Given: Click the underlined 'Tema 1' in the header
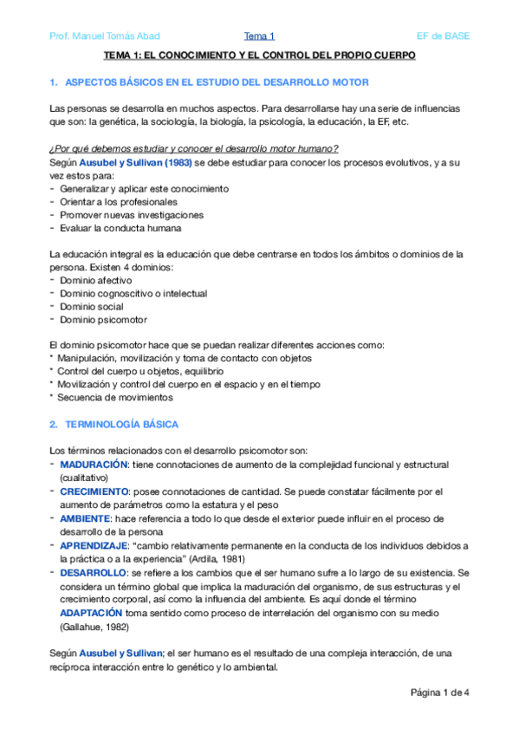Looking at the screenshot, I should click(x=259, y=36).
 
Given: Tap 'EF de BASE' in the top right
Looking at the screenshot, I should click(x=443, y=36).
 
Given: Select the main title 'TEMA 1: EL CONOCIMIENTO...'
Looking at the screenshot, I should click(x=259, y=55).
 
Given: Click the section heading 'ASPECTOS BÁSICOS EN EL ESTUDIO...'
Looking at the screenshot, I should click(x=217, y=81).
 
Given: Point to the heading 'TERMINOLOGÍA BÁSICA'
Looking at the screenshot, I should click(x=121, y=425).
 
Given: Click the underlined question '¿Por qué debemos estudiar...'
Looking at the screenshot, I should click(x=194, y=148).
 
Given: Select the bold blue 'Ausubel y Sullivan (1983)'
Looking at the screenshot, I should click(x=130, y=162).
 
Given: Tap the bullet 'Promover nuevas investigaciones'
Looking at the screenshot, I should click(x=132, y=215).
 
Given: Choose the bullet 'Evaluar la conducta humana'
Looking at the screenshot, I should click(x=120, y=228).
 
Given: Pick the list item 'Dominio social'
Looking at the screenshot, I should click(x=90, y=307).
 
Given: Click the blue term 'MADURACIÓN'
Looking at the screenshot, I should click(x=94, y=465).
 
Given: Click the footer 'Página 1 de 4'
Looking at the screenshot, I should click(x=439, y=692).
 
